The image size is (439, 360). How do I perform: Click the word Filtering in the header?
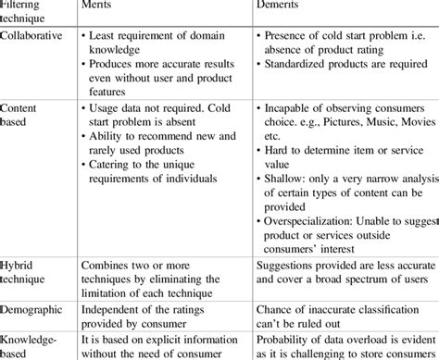[25, 2]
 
